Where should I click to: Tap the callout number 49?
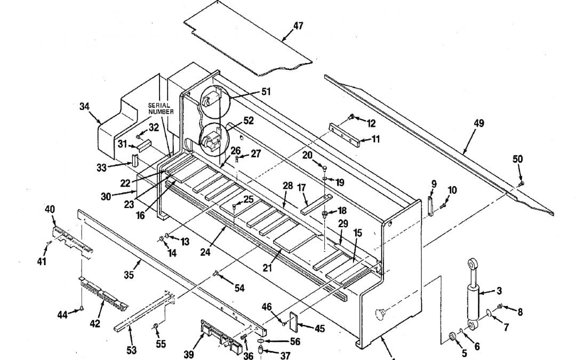[x=478, y=123]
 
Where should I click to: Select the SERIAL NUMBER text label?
[x=161, y=108]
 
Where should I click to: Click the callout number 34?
[x=84, y=106]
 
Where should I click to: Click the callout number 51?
[x=266, y=92]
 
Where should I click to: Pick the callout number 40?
[x=50, y=209]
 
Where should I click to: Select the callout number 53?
[x=131, y=350]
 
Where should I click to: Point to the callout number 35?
[x=129, y=275]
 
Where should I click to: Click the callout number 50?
[x=517, y=159]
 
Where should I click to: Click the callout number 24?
[x=205, y=252]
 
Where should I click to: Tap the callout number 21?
[x=267, y=268]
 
